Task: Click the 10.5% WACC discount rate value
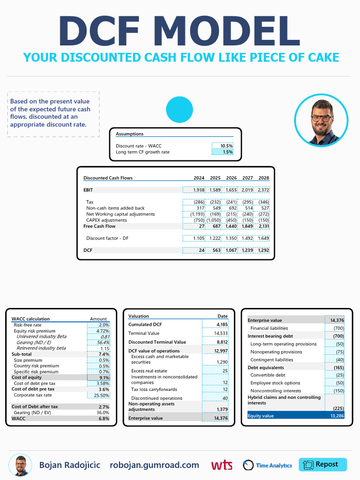(x=226, y=146)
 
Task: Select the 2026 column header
(x=231, y=178)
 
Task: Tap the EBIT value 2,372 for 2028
(x=263, y=190)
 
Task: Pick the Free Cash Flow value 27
(x=202, y=226)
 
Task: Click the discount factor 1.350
(x=231, y=238)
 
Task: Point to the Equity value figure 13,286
(x=337, y=416)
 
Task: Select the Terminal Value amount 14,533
(x=221, y=333)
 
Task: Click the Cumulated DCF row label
(x=145, y=324)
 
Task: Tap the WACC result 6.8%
(x=104, y=419)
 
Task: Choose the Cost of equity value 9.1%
(x=104, y=377)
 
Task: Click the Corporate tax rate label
(x=32, y=395)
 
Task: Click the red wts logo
(x=222, y=465)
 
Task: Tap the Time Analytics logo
(x=267, y=465)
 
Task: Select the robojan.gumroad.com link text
(x=154, y=465)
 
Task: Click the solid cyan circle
(x=180, y=110)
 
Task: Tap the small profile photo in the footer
(x=20, y=465)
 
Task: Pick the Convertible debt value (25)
(x=339, y=375)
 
